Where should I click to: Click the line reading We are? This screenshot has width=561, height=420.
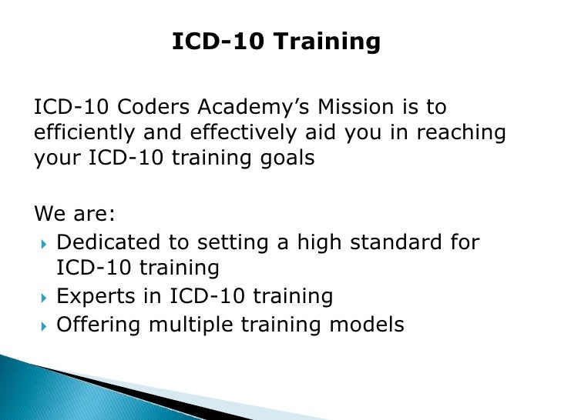tap(70, 212)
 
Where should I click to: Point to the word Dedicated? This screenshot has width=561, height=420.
tap(106, 242)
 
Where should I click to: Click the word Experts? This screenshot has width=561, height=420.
tap(95, 296)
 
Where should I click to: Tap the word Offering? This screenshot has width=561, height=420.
tap(98, 325)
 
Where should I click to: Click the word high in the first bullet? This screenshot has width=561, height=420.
tap(314, 242)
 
